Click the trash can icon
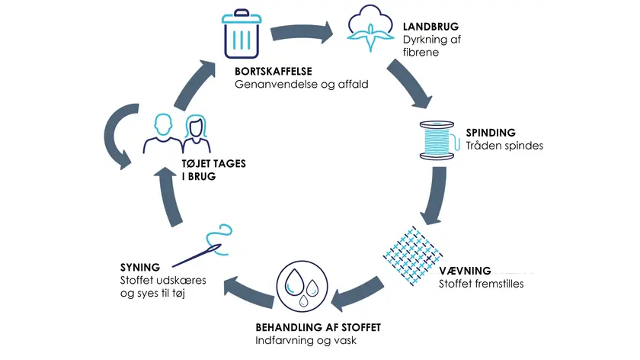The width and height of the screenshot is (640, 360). pyautogui.click(x=242, y=34)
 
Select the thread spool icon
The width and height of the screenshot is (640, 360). pyautogui.click(x=437, y=140)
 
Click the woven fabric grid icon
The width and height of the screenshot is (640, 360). pyautogui.click(x=413, y=255)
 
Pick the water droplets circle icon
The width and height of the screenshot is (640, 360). pyautogui.click(x=302, y=286)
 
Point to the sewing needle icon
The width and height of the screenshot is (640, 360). pyautogui.click(x=203, y=246)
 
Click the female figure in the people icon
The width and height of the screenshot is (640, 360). pyautogui.click(x=197, y=134)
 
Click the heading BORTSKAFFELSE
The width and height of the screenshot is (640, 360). pyautogui.click(x=274, y=71)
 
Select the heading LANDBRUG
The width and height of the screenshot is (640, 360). pyautogui.click(x=430, y=27)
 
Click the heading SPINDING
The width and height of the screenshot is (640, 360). pyautogui.click(x=491, y=133)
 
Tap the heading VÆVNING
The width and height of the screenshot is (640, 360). pyautogui.click(x=465, y=271)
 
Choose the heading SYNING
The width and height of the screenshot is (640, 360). pyautogui.click(x=140, y=268)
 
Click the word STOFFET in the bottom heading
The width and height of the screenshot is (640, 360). pyautogui.click(x=361, y=328)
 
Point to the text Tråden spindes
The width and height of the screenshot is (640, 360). pyautogui.click(x=504, y=146)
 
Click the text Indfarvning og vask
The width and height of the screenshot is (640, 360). pyautogui.click(x=306, y=340)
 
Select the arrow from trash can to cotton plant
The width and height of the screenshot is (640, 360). pyautogui.click(x=301, y=33)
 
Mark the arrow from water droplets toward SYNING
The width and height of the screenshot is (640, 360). pyautogui.click(x=249, y=291)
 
